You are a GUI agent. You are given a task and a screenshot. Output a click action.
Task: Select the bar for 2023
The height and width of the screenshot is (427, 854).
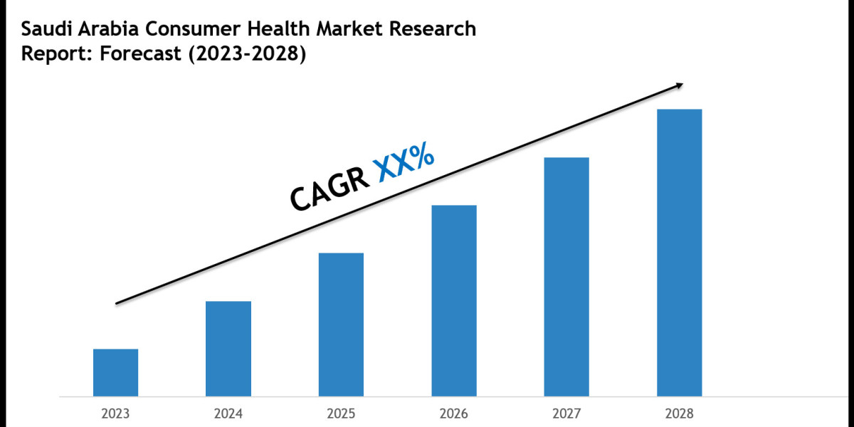pos(115,372)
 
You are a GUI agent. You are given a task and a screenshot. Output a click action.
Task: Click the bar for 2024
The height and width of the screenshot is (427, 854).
pos(228,349)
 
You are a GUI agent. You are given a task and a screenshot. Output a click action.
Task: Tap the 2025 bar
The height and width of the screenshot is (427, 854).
pos(341,325)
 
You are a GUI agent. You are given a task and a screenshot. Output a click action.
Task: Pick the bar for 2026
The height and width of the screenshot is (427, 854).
pos(454,300)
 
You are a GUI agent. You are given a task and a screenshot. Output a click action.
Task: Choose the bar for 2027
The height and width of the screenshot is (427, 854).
pos(566,276)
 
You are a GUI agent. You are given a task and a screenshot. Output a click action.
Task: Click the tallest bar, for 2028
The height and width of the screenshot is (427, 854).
pos(679,253)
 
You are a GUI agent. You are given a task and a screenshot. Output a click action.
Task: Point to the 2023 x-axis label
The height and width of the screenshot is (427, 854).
pos(115,413)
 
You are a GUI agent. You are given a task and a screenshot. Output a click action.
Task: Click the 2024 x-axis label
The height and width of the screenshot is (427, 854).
pos(228,413)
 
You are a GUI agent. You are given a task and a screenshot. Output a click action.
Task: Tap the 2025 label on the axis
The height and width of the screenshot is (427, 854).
pos(341,413)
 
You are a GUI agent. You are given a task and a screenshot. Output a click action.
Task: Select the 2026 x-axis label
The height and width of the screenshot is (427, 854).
pos(454,413)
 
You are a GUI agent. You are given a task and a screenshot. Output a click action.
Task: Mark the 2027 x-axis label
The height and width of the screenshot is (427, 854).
pos(566,413)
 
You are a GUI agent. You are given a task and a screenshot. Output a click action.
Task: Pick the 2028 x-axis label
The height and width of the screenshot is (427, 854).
pos(679,413)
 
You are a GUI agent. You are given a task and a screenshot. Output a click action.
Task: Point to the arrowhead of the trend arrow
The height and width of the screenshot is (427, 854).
pos(679,85)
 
